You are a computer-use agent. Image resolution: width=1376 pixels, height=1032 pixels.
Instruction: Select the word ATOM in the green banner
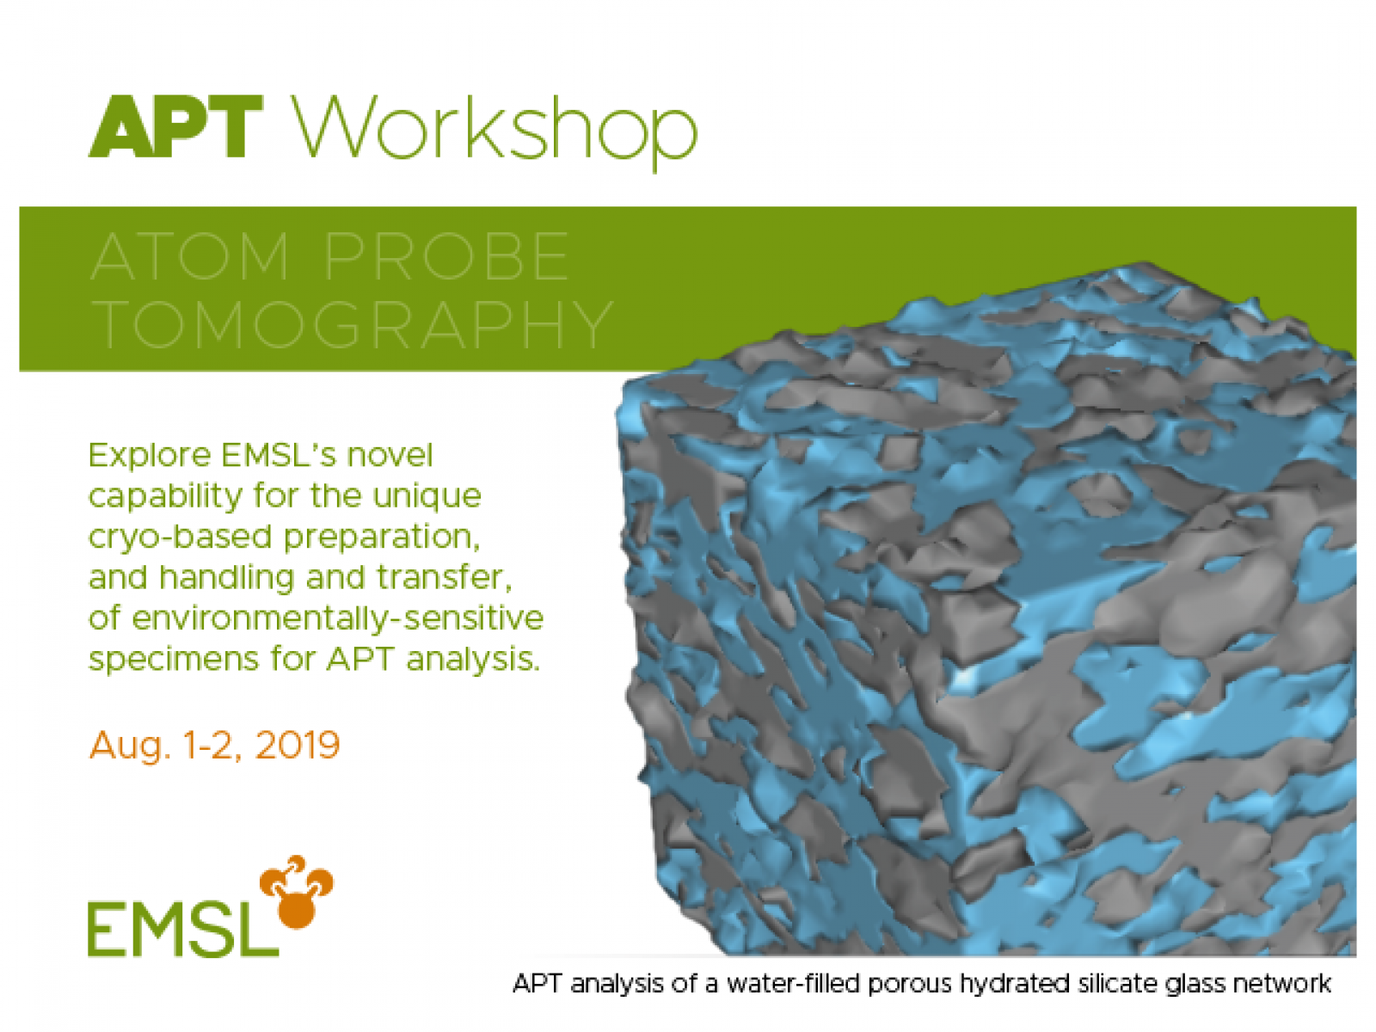tap(190, 256)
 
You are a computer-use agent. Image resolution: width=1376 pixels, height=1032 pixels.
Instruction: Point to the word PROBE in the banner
tap(446, 256)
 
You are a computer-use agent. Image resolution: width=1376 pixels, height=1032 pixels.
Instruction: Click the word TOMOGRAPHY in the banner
tap(353, 325)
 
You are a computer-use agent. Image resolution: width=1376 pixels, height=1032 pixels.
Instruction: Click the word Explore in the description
tap(150, 456)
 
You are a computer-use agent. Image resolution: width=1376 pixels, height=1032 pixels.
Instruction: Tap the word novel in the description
tap(390, 455)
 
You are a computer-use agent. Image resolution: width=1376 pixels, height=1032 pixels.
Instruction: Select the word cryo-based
tap(180, 537)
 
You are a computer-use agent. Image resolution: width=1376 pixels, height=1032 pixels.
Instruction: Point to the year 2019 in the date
tap(298, 745)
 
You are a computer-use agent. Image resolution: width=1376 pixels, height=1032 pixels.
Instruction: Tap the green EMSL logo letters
tap(181, 929)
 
